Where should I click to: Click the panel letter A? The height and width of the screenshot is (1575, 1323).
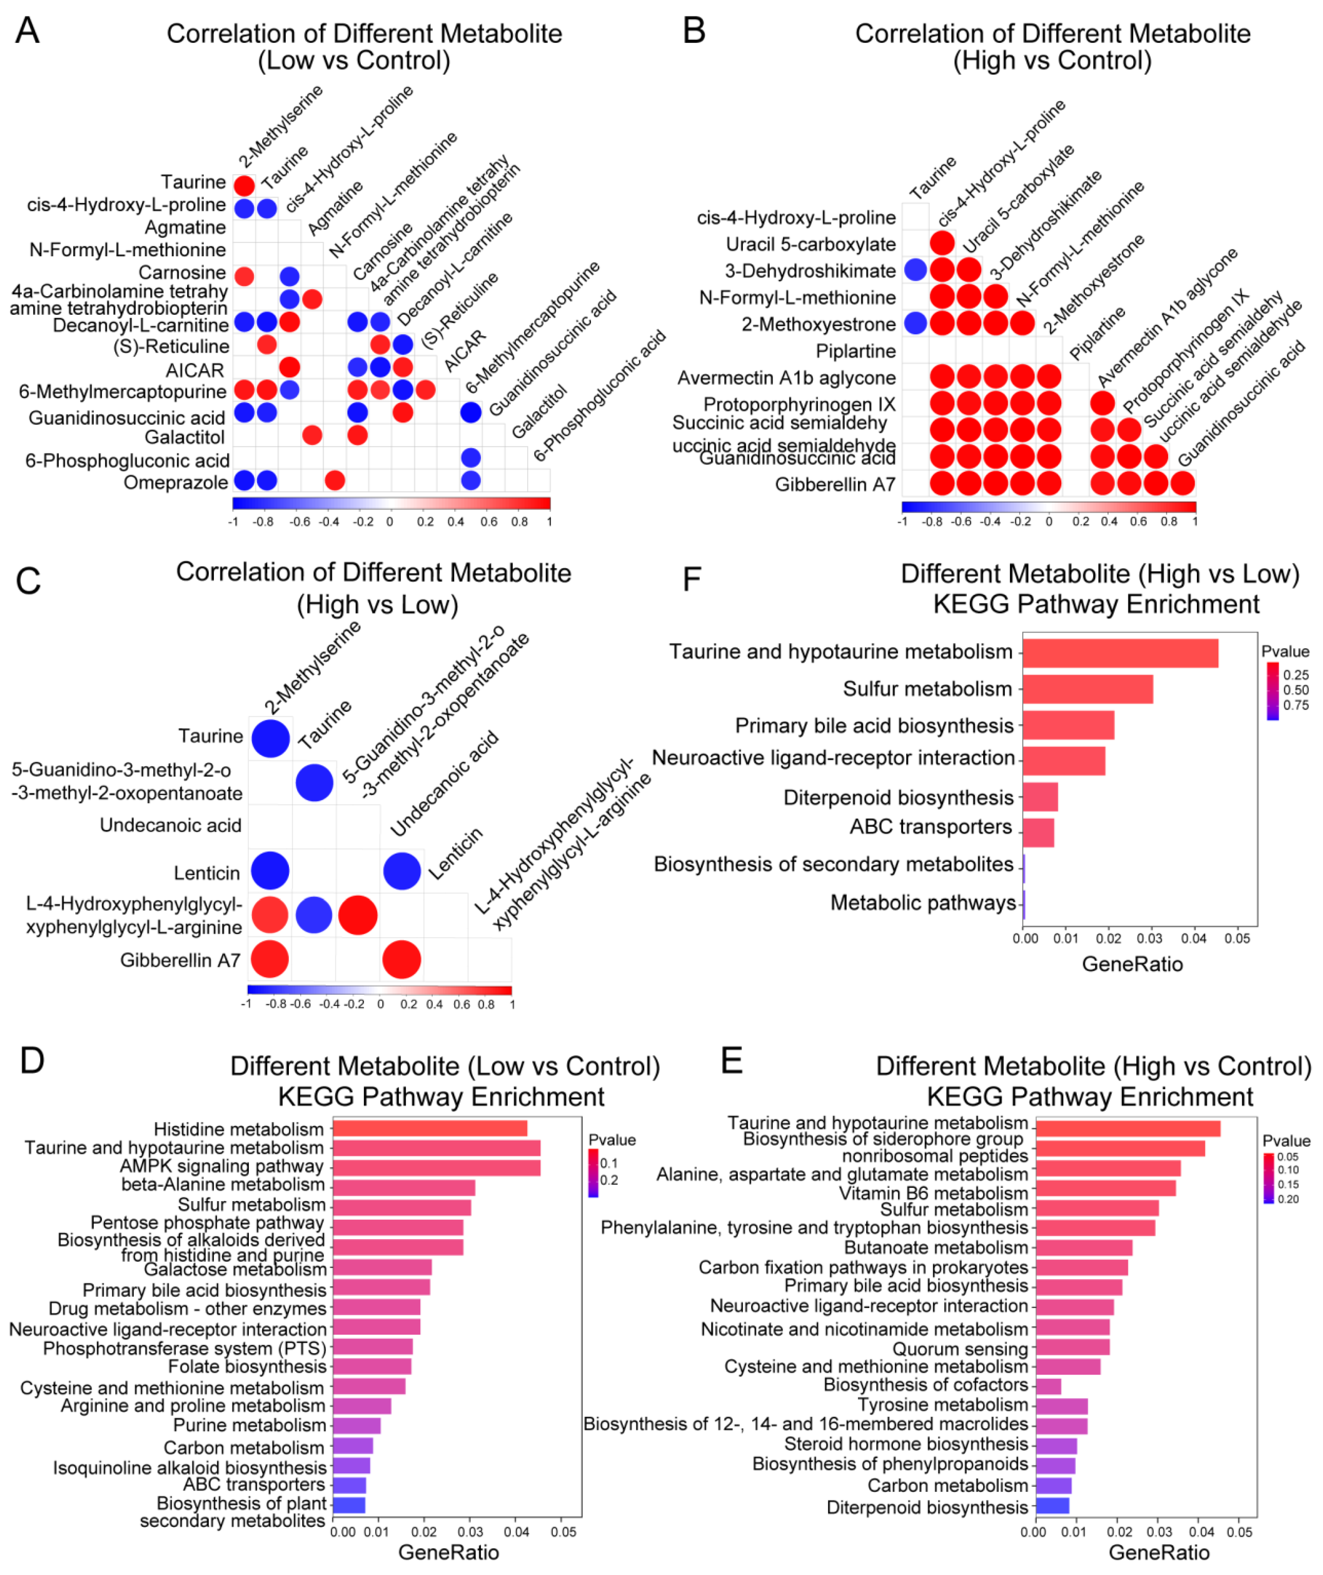[x=28, y=32]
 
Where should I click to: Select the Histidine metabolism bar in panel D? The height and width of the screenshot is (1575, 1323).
[x=430, y=1129]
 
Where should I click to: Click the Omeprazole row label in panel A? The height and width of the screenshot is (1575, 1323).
[x=175, y=482]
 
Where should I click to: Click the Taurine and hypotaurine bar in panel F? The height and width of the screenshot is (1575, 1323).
[x=1120, y=653]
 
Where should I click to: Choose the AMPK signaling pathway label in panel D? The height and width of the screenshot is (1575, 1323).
[x=222, y=1166]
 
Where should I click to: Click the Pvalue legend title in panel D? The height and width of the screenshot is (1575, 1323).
[x=612, y=1140]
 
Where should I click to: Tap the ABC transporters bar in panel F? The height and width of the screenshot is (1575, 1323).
[x=1038, y=832]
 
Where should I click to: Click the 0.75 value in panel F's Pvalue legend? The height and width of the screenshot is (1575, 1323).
[x=1296, y=705]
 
